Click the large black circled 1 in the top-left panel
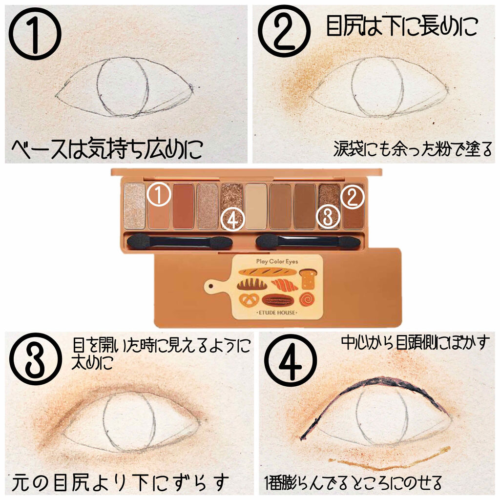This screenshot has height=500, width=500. [x=35, y=34]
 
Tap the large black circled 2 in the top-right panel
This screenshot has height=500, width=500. [x=284, y=31]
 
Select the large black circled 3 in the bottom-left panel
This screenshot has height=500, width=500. [x=36, y=359]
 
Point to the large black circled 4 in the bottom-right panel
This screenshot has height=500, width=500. [x=291, y=360]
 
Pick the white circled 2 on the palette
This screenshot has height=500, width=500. [x=352, y=197]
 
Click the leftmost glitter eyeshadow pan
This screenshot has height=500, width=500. [x=135, y=206]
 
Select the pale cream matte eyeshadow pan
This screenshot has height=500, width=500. [x=256, y=206]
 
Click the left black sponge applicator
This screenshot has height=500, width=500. [x=180, y=242]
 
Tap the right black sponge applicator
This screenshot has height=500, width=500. [x=309, y=241]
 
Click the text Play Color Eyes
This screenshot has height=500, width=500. [x=277, y=262]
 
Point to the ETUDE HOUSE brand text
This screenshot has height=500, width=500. [x=277, y=312]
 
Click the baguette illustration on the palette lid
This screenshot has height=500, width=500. [x=268, y=271]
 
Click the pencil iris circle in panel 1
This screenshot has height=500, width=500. [x=123, y=86]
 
